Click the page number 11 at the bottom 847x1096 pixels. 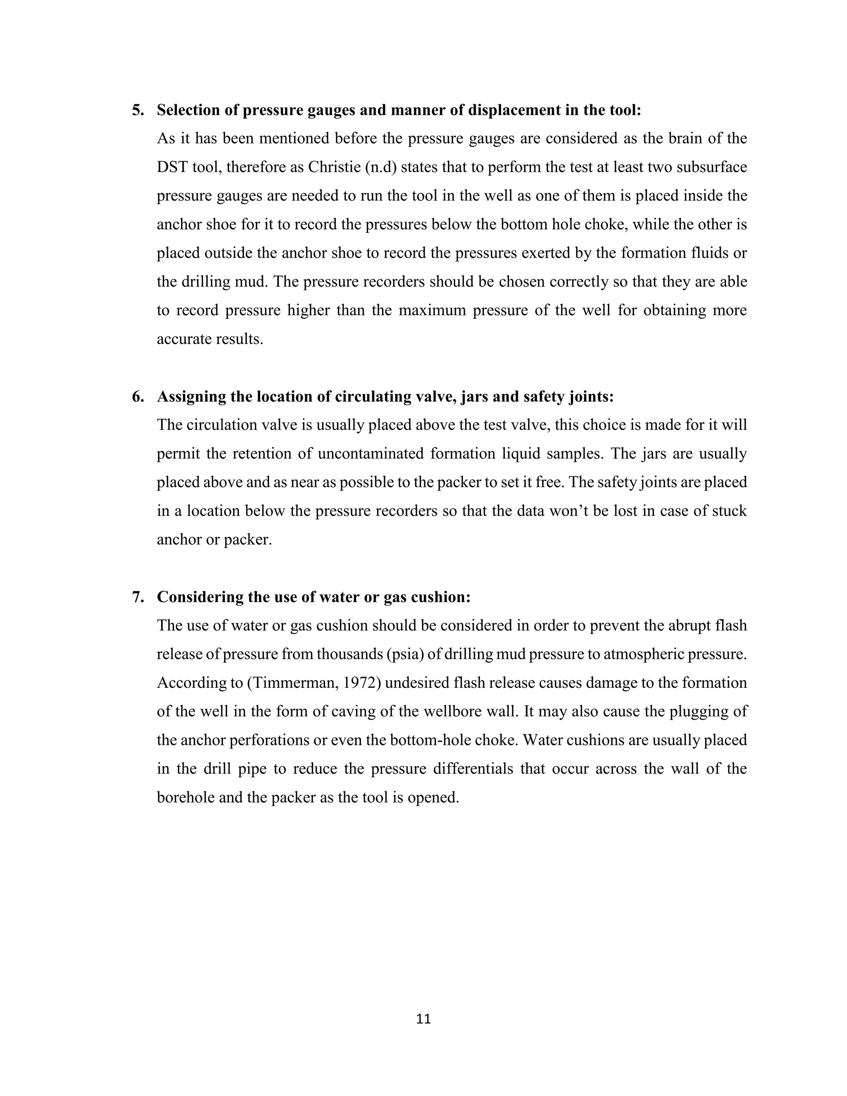click(423, 1019)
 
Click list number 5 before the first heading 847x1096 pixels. click(137, 110)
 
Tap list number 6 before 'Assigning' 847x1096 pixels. click(137, 397)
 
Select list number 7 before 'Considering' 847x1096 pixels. click(137, 597)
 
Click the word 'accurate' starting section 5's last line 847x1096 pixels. click(184, 339)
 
